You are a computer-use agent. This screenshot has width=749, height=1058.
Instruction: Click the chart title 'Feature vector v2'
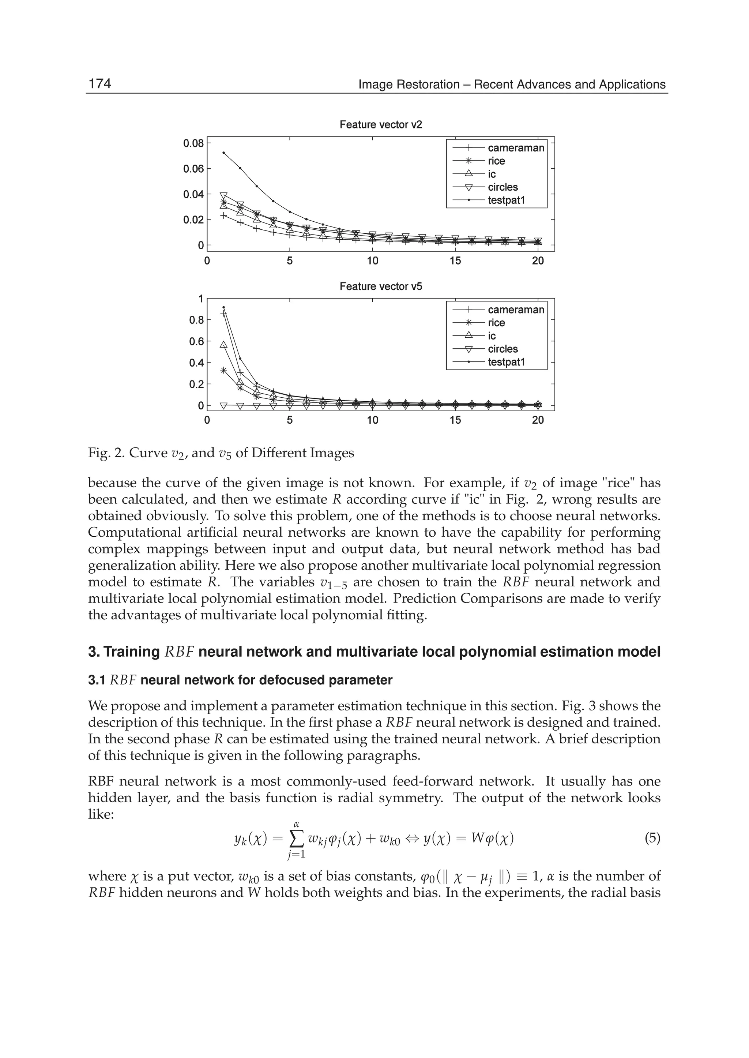tap(380, 125)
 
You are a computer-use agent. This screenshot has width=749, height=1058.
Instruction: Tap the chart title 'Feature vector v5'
tap(380, 286)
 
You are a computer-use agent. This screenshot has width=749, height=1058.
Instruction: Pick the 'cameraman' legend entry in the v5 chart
tap(516, 309)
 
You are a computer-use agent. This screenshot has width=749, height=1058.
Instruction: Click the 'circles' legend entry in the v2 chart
tap(503, 187)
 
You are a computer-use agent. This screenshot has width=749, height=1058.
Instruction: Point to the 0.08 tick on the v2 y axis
tap(193, 143)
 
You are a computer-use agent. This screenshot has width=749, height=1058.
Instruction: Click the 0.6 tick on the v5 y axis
tap(196, 341)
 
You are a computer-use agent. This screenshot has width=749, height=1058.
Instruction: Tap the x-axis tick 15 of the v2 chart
tap(455, 261)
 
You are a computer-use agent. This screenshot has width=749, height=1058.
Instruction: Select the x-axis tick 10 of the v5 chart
tap(372, 420)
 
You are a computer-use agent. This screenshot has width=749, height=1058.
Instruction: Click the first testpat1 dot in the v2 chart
tap(224, 153)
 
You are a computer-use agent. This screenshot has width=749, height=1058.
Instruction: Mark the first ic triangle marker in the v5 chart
tap(224, 345)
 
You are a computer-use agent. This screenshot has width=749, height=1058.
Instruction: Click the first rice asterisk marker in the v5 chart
tap(224, 370)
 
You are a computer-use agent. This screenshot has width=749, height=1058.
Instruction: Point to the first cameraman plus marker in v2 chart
tap(224, 215)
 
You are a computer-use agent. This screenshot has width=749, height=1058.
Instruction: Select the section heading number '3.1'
tap(97, 680)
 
